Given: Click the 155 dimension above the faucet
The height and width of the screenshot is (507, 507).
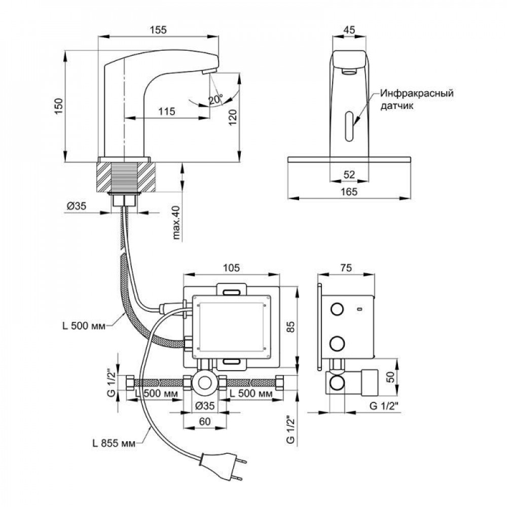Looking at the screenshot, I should (159, 30).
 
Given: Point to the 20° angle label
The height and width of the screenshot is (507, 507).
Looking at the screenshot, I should (215, 100).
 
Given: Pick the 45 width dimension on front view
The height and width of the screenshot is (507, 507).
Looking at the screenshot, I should (349, 30).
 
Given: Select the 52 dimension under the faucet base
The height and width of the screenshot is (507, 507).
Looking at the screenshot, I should (349, 174).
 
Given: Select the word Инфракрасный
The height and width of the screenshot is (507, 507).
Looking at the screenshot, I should (416, 94).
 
